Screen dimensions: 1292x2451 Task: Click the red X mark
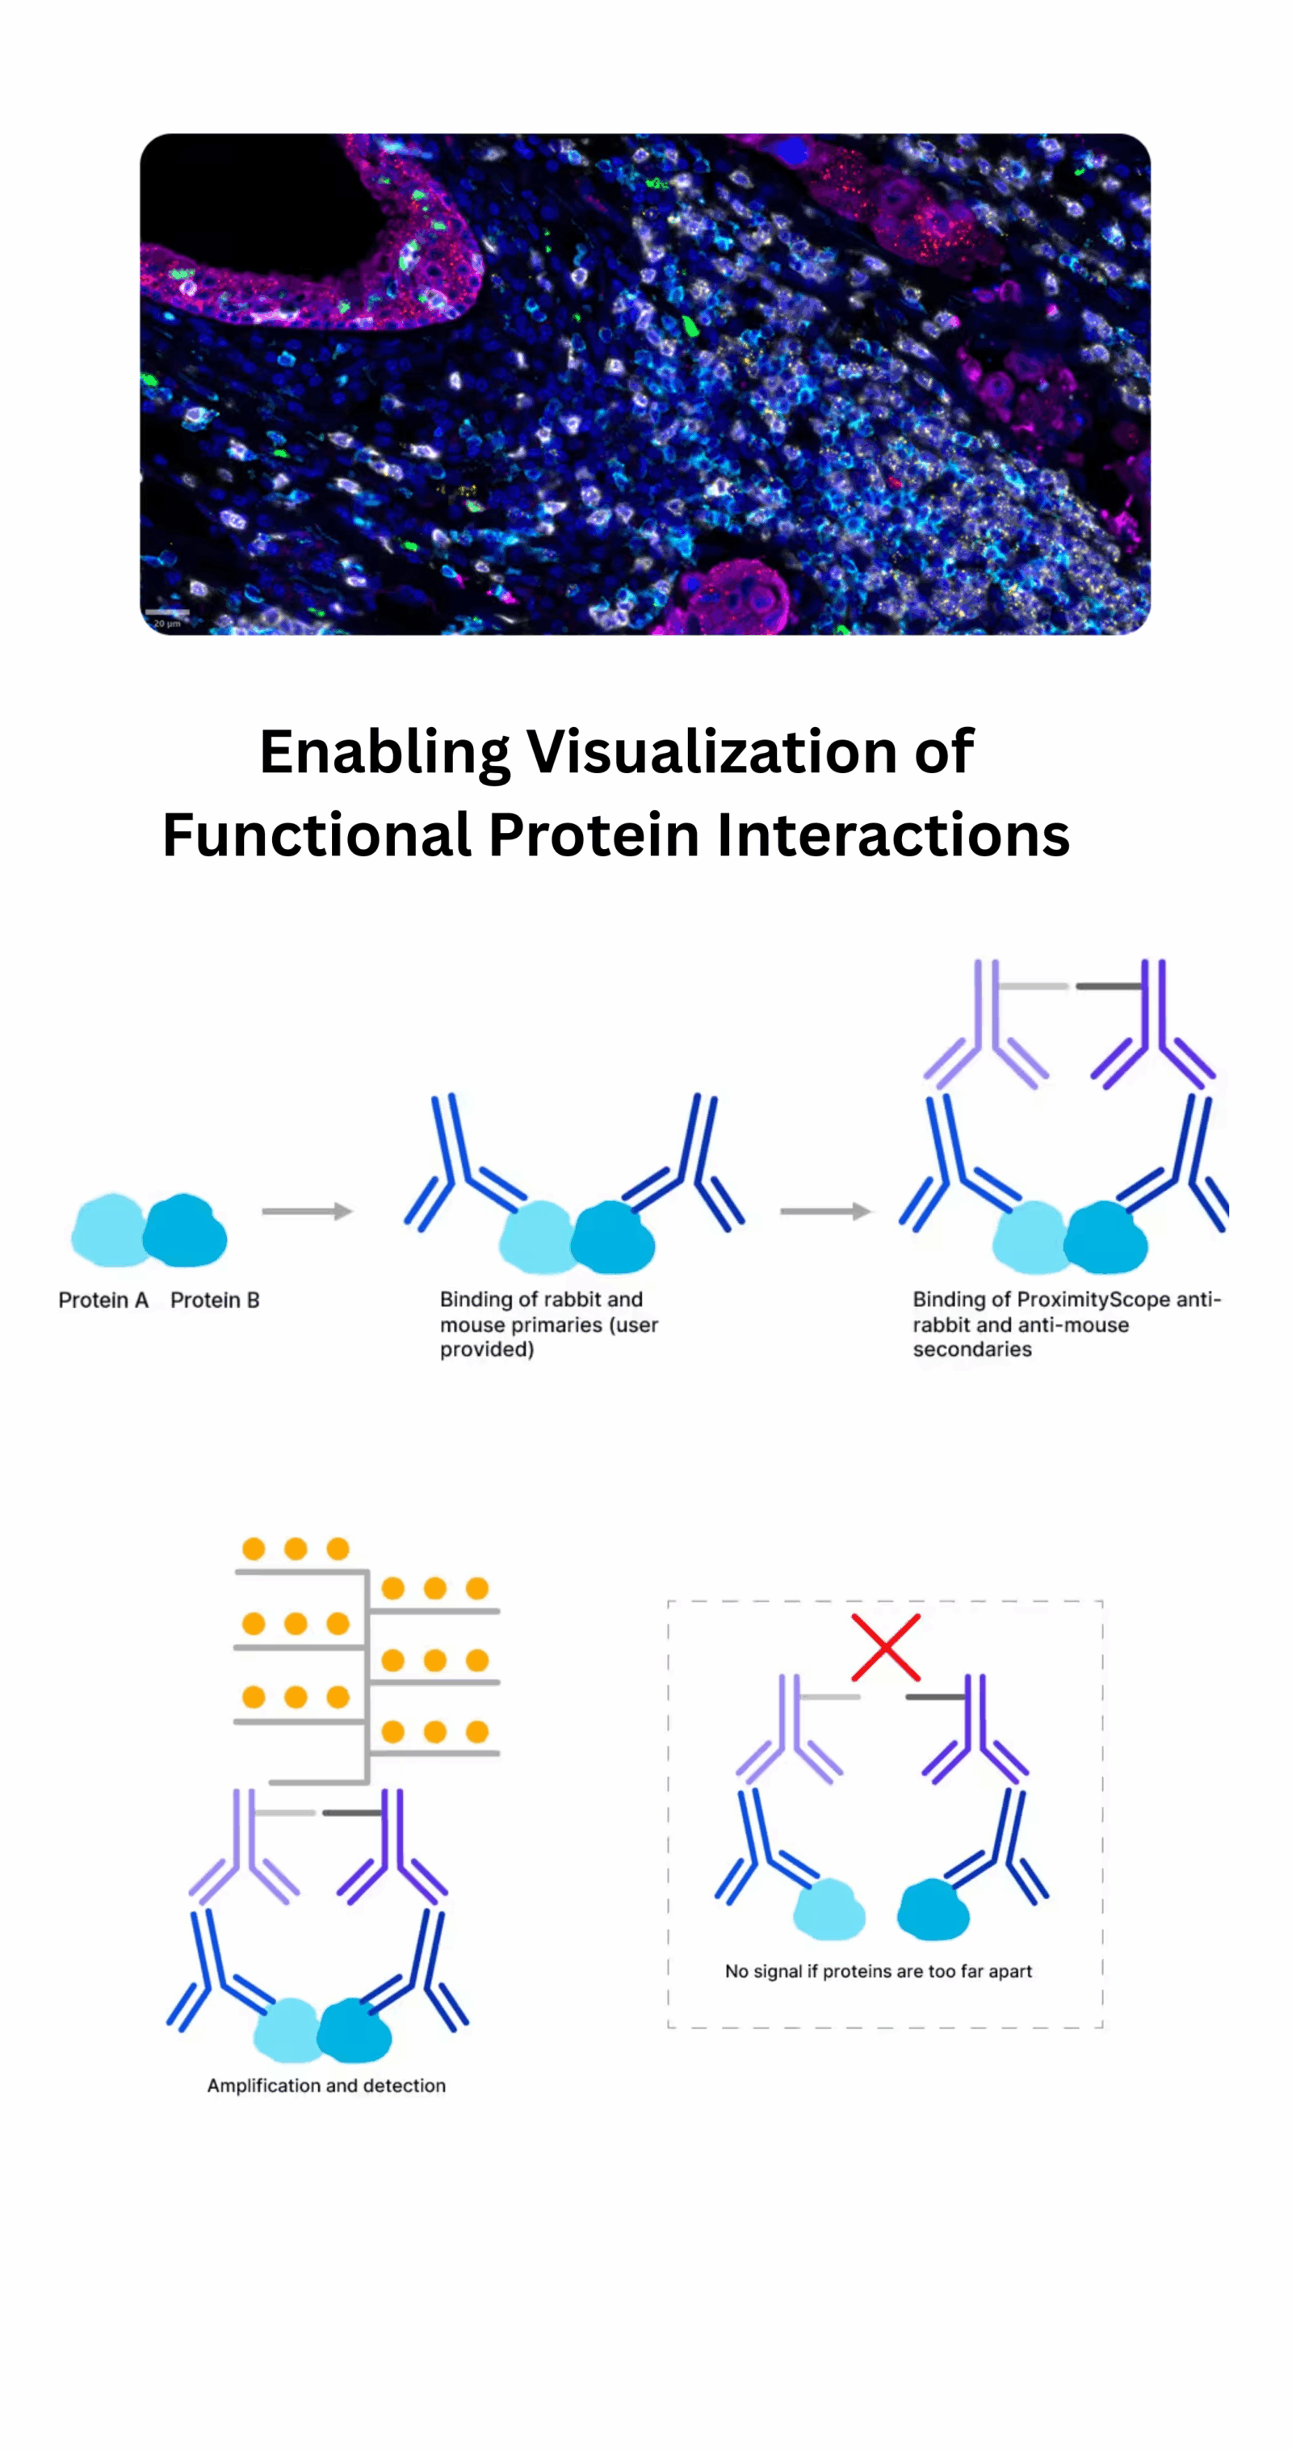click(x=885, y=1647)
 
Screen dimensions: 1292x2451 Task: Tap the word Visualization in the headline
click(x=711, y=751)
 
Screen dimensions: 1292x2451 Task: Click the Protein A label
click(x=103, y=1300)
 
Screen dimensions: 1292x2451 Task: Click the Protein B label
click(x=215, y=1300)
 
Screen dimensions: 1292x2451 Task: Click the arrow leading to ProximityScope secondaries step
click(x=826, y=1211)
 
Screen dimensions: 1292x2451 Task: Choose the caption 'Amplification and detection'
click(x=326, y=2086)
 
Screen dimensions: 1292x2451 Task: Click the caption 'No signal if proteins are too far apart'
click(x=878, y=1971)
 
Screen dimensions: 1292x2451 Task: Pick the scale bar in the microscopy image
click(x=167, y=612)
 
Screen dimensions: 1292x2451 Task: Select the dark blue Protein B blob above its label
click(x=186, y=1230)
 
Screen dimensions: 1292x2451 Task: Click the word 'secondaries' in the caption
click(x=972, y=1349)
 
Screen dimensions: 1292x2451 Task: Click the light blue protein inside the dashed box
click(x=828, y=1909)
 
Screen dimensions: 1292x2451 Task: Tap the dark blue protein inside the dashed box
click(x=933, y=1909)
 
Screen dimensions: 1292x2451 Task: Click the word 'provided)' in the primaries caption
click(x=487, y=1350)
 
